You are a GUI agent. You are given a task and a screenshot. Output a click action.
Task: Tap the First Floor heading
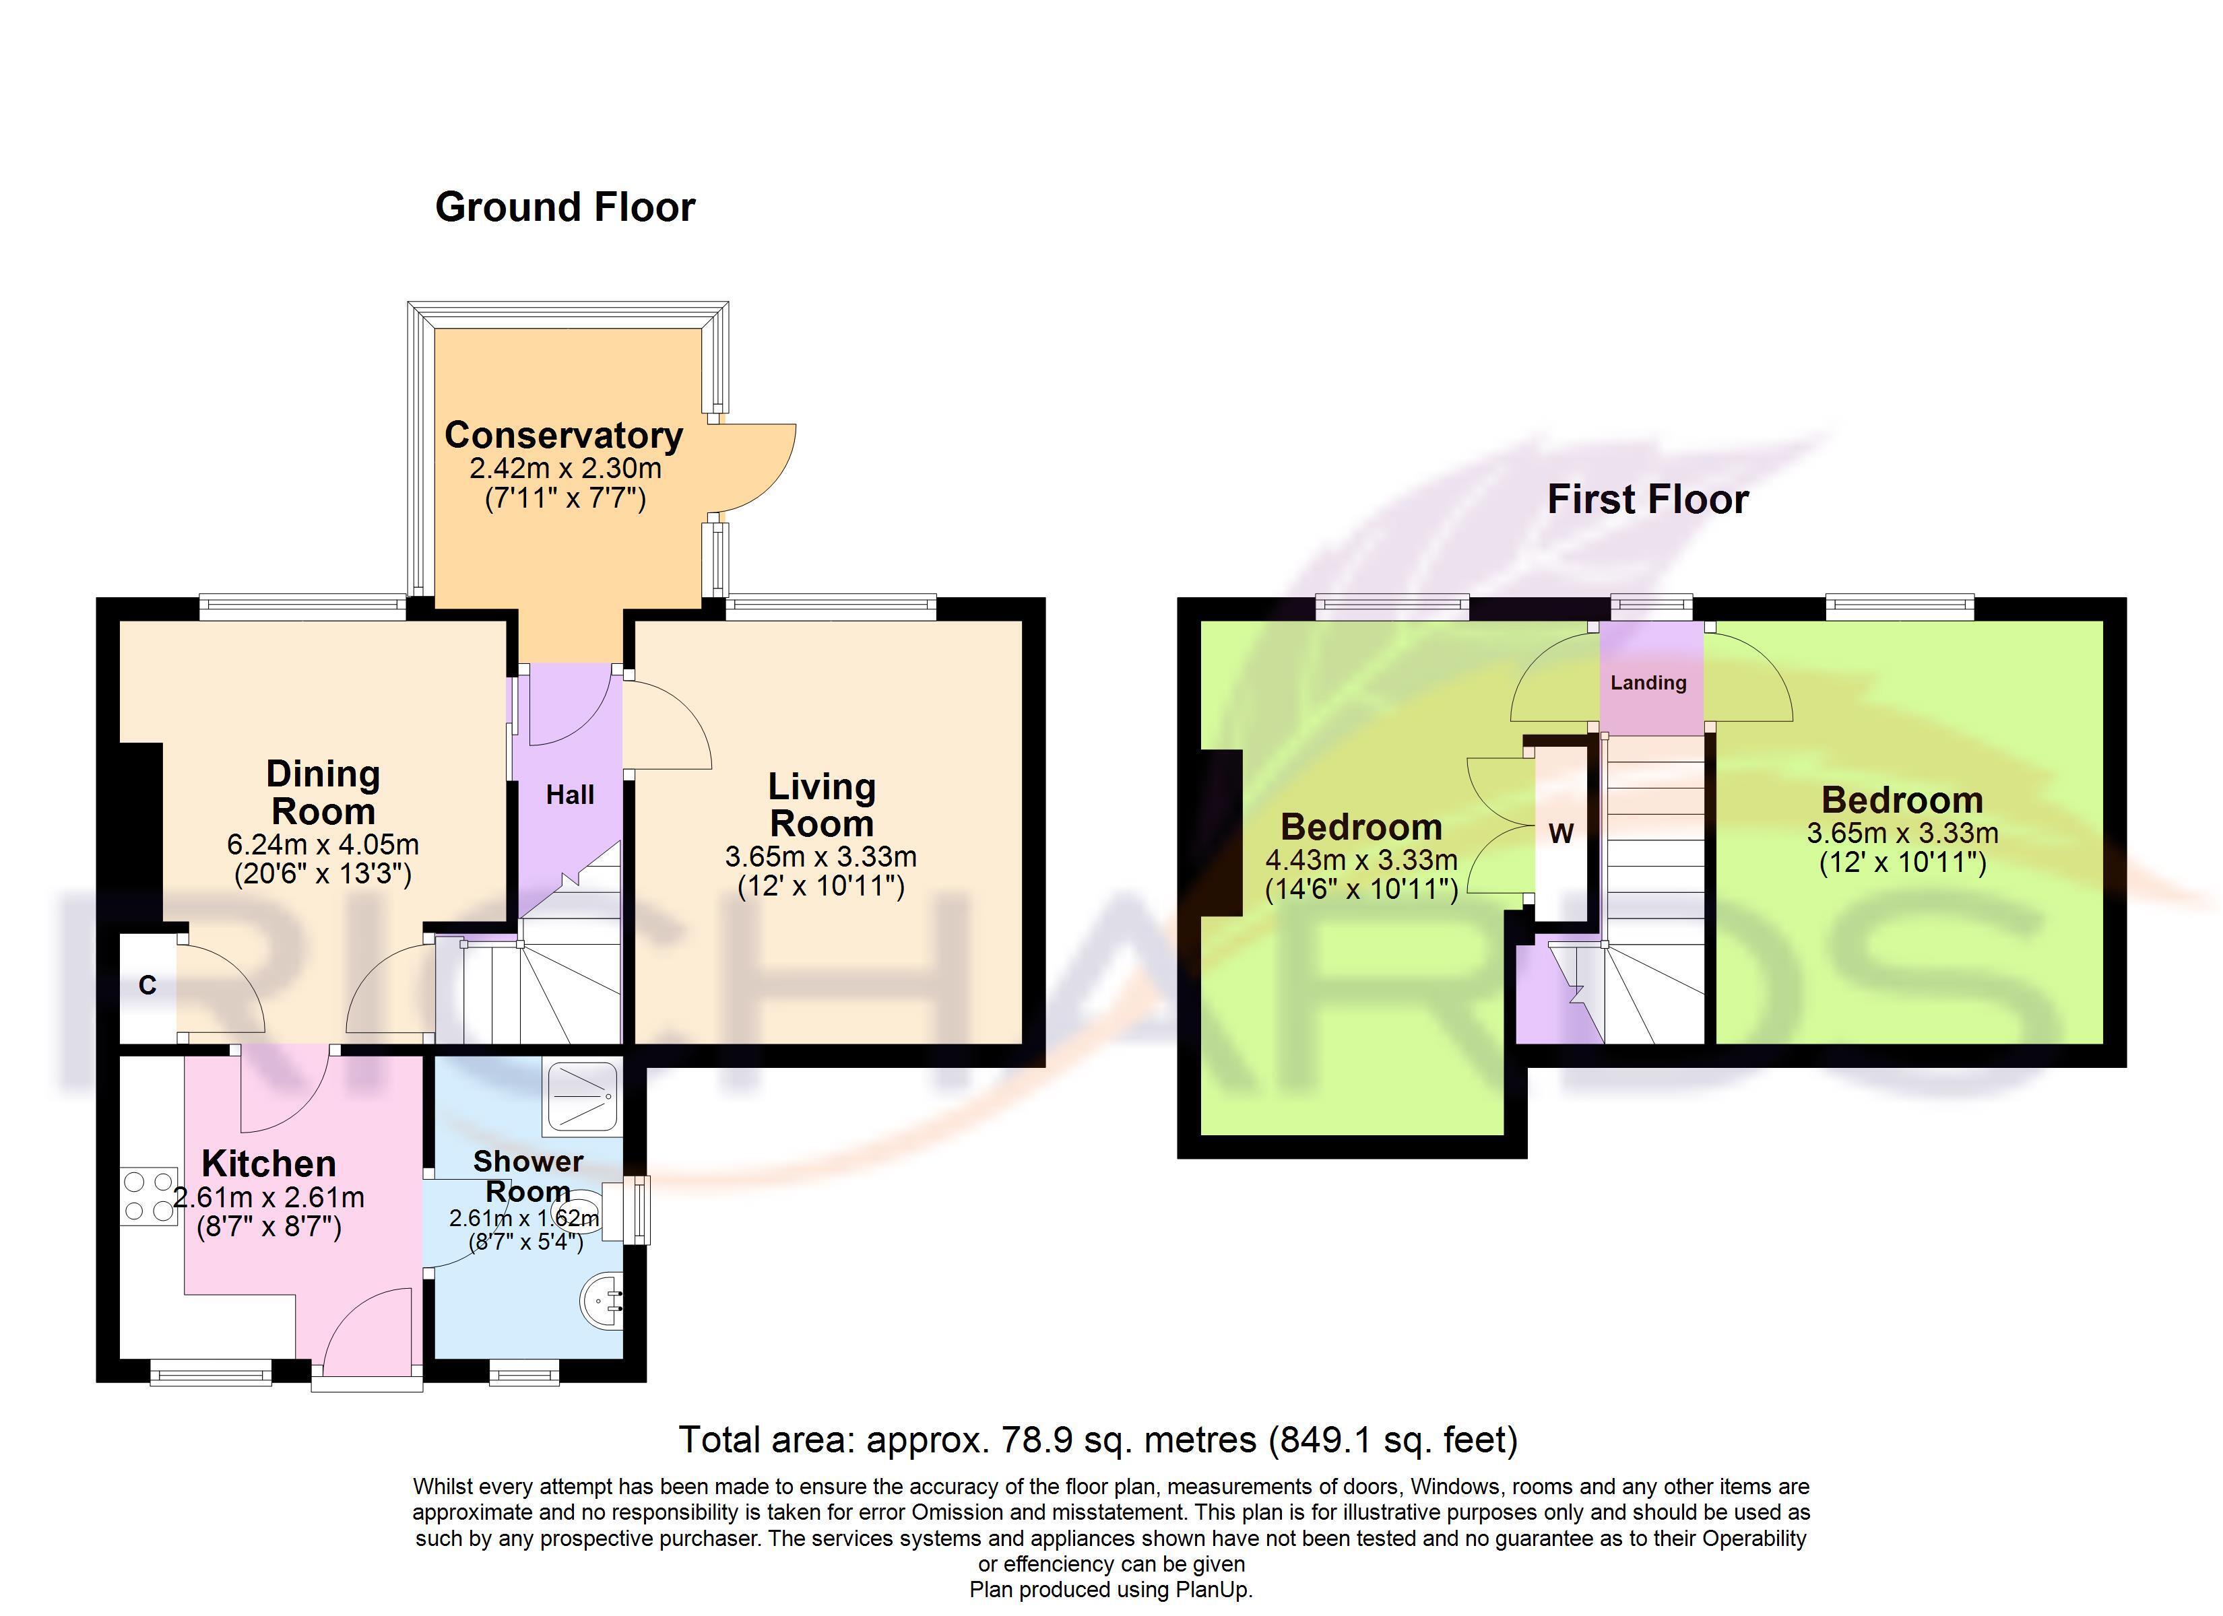click(1648, 499)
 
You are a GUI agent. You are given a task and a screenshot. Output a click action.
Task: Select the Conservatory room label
click(564, 434)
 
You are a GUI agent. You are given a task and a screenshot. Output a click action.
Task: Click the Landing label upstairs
click(1648, 683)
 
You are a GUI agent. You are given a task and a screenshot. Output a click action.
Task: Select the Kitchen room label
click(269, 1164)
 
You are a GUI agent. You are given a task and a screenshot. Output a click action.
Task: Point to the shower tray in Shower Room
click(583, 1096)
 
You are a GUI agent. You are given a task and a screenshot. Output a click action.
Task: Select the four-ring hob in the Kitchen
click(149, 1197)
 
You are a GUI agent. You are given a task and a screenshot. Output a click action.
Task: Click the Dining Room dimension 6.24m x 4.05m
click(323, 844)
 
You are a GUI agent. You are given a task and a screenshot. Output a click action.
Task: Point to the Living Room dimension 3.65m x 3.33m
click(820, 856)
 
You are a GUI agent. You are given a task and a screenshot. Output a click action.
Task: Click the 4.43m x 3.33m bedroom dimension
click(1361, 861)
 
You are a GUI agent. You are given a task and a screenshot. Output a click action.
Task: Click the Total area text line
click(1098, 1440)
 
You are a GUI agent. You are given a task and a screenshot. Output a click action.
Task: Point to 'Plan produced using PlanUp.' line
click(1111, 1590)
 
